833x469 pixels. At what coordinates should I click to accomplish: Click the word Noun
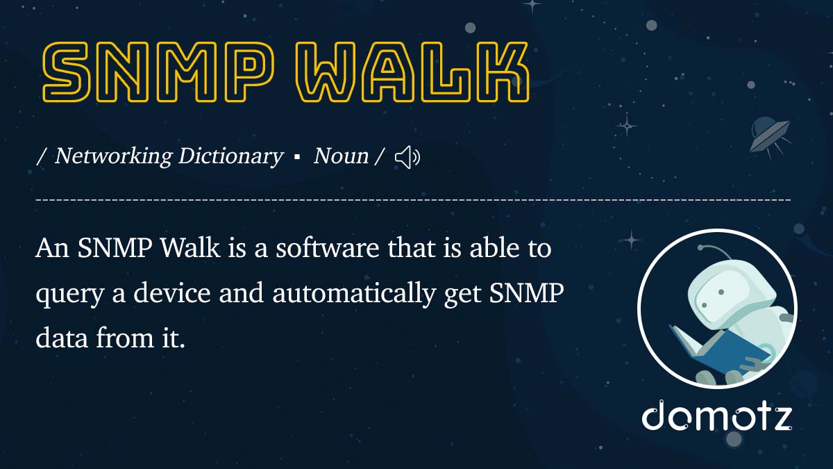pos(341,156)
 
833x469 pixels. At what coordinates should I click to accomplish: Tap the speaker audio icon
pos(407,158)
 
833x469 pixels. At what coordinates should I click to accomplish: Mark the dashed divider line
pos(413,200)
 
